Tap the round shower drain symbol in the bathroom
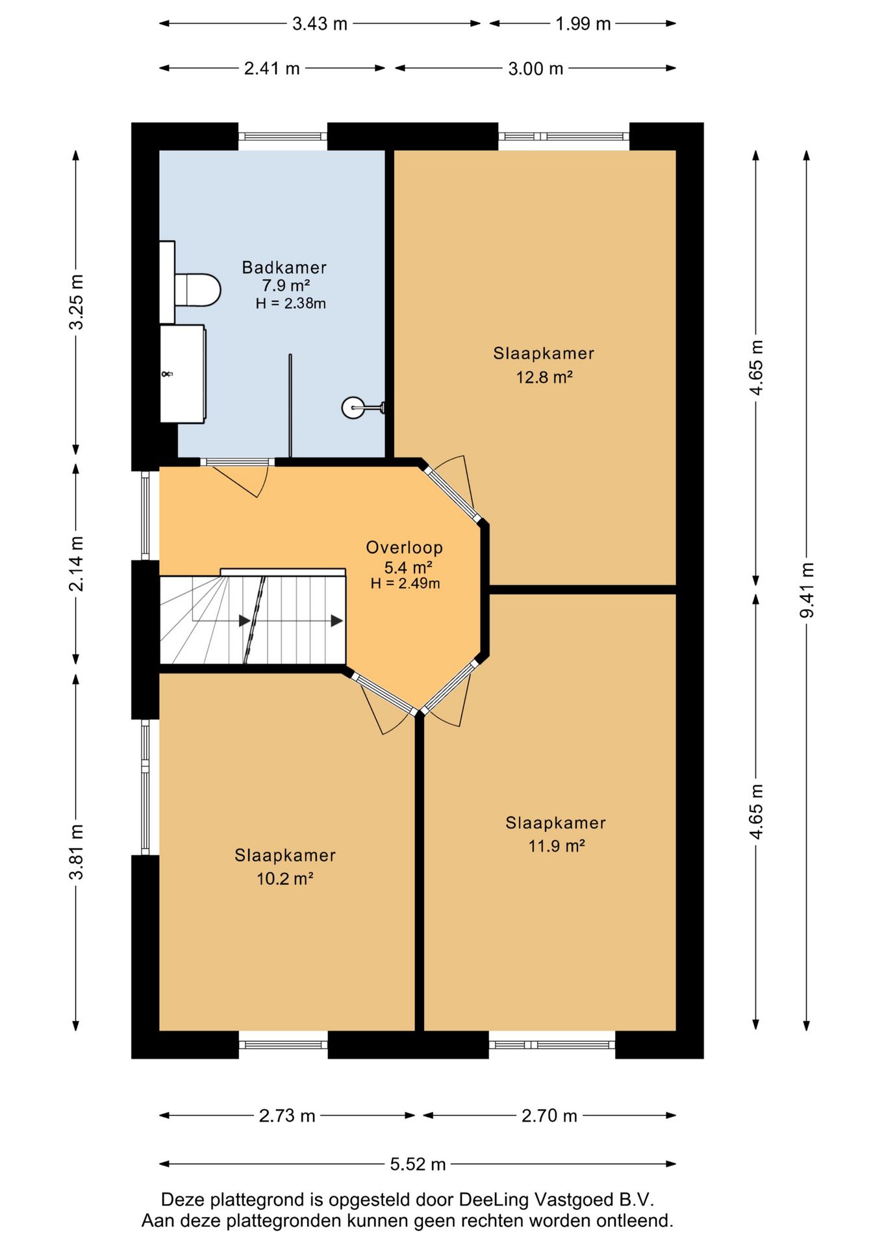[353, 408]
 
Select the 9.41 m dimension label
[807, 590]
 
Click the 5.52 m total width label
[418, 1164]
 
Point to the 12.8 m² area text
[544, 377]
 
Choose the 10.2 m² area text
[285, 879]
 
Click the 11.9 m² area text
[557, 846]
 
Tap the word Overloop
[404, 548]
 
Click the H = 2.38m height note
[290, 303]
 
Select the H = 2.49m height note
[405, 583]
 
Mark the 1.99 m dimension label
[583, 24]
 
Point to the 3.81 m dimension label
[77, 851]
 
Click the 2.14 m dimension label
[77, 564]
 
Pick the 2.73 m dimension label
[287, 1116]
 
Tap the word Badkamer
[284, 267]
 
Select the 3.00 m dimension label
[535, 68]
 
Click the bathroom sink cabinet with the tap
[183, 374]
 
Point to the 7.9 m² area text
[286, 285]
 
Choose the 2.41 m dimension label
[271, 68]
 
